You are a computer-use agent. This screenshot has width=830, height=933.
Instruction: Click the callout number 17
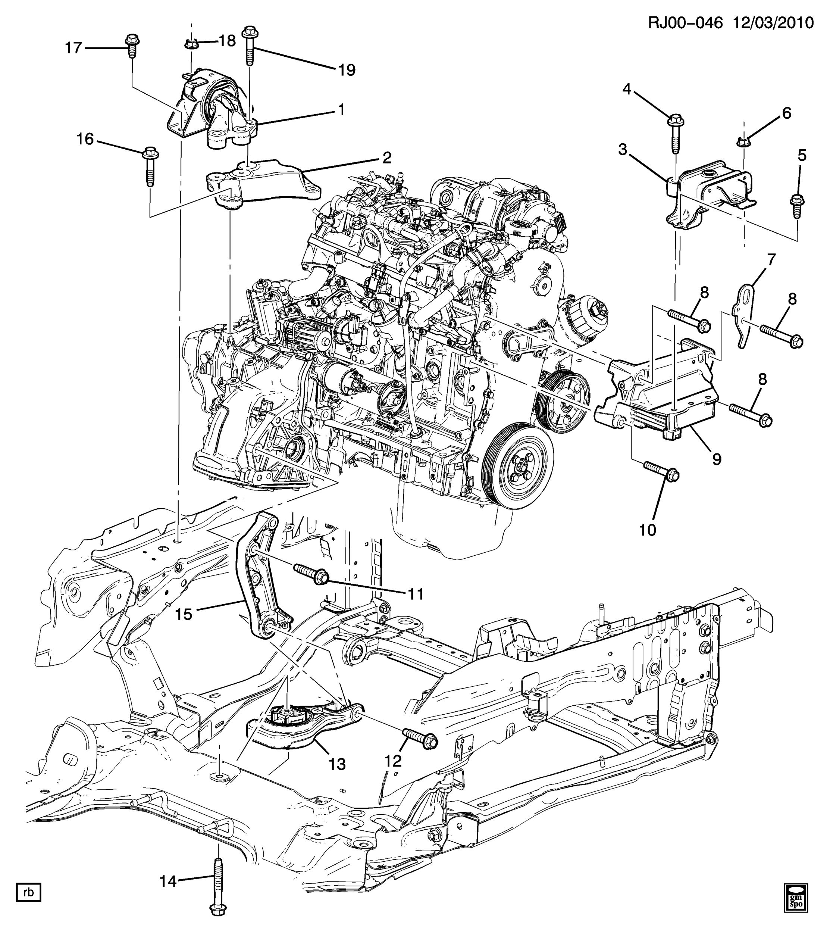pos(73,47)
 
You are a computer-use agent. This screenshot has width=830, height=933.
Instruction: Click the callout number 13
pos(337,764)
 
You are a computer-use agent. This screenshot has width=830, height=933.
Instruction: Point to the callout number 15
pos(184,614)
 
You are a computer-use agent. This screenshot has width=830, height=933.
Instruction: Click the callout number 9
pos(717,459)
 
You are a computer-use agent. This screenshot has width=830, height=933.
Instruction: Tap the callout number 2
pos(386,158)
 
